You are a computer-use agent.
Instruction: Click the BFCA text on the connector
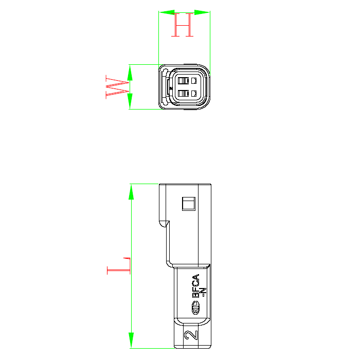(196, 286)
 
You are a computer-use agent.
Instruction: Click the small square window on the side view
(189, 203)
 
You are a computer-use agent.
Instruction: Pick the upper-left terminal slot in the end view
(182, 81)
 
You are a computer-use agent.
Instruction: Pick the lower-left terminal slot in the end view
(182, 94)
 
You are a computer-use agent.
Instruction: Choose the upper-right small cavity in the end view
(194, 81)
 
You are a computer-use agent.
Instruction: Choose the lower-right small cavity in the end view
(194, 94)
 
